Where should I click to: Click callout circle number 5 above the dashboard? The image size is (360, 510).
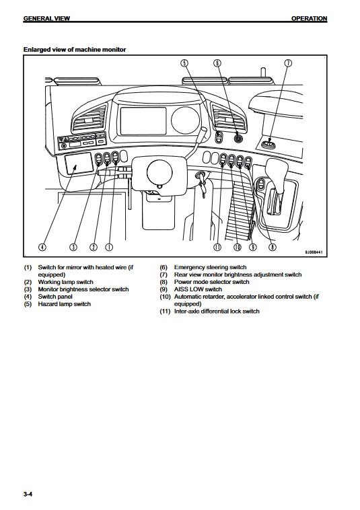pos(184,63)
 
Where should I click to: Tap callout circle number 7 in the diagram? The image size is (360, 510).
pos(288,63)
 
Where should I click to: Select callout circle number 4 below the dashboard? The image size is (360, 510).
pos(42,247)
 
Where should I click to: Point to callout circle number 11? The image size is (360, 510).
pos(217,247)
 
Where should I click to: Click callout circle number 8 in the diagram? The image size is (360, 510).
pos(273,247)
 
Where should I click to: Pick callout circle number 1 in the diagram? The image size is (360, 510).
pos(109,247)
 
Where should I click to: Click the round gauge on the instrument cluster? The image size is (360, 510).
pos(185,120)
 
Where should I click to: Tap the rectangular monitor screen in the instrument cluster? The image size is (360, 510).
pos(143,121)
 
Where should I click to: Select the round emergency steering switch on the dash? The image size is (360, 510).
pos(239,138)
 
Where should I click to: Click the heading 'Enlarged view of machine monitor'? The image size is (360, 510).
pos(75,50)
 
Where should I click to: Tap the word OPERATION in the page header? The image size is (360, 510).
pos(309,19)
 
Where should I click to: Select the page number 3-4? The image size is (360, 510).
pos(28,495)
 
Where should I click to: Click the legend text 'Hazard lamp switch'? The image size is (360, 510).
pos(65,304)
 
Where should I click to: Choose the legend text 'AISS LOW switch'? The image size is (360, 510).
pos(198,289)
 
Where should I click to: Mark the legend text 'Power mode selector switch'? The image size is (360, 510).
pos(212,282)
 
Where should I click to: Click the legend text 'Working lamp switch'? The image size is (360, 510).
pos(66,282)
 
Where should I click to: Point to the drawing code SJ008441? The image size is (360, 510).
pos(314,252)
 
